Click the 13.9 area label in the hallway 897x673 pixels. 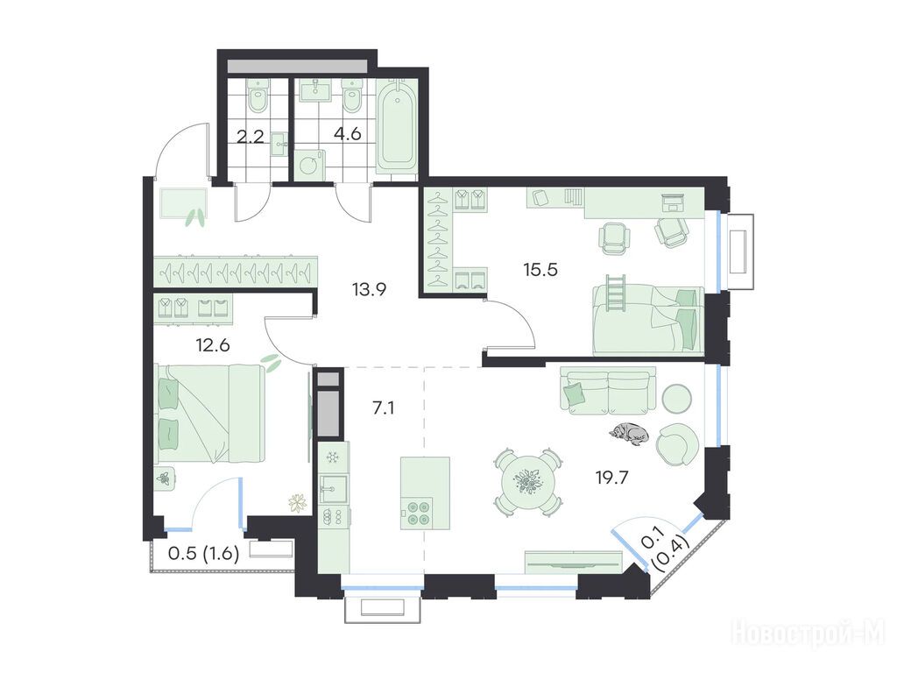pyautogui.click(x=369, y=289)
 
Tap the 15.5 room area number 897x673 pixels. pyautogui.click(x=540, y=269)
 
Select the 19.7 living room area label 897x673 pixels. pyautogui.click(x=612, y=477)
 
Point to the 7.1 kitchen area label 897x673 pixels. pyautogui.click(x=383, y=408)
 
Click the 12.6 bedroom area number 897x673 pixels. pyautogui.click(x=212, y=345)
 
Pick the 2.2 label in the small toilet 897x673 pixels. pyautogui.click(x=250, y=138)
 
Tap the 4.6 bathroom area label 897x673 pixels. pyautogui.click(x=347, y=134)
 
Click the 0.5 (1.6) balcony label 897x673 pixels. pyautogui.click(x=203, y=554)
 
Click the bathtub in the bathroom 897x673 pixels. pyautogui.click(x=397, y=126)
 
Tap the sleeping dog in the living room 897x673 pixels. pyautogui.click(x=629, y=433)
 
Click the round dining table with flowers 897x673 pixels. pyautogui.click(x=528, y=482)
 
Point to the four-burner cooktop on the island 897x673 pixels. pyautogui.click(x=418, y=512)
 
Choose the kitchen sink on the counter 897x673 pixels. pyautogui.click(x=333, y=489)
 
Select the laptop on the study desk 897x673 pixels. pyautogui.click(x=674, y=203)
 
